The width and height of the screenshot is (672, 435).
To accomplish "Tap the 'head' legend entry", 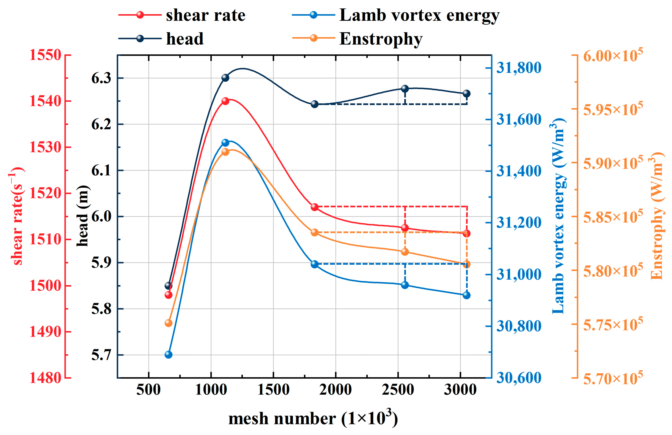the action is coord(161,38).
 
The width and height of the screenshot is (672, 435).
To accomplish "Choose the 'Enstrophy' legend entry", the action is coord(357,39).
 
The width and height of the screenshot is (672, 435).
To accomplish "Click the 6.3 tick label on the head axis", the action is coord(101,78).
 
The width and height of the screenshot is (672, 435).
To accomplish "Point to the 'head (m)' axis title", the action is coord(83,216).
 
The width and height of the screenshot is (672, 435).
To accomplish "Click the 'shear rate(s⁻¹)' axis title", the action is coord(16,216).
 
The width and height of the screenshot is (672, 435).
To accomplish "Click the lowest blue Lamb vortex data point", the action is coord(168,354).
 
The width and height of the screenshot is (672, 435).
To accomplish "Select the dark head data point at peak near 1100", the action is coord(225,78).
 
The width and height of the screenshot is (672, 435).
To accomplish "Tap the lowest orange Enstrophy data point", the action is coord(168,323).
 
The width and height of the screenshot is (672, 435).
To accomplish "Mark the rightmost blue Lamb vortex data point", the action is coord(467,295).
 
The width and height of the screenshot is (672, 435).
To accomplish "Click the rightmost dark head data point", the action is coord(467,93).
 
